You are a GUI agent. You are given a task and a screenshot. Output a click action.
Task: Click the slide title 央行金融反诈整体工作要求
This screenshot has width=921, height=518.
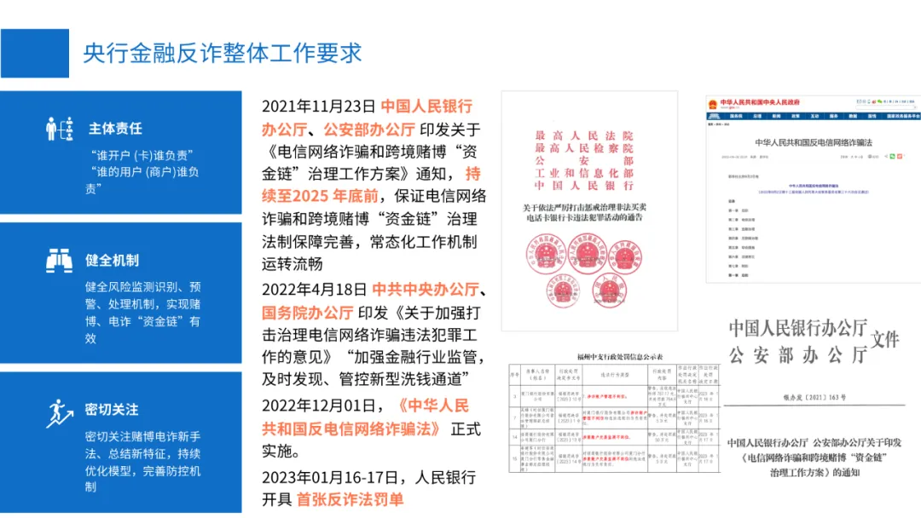[x=222, y=53]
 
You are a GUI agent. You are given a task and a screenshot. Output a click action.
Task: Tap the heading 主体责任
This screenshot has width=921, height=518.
[x=115, y=129]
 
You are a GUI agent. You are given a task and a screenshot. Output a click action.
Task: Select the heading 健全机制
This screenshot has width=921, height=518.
[x=112, y=260]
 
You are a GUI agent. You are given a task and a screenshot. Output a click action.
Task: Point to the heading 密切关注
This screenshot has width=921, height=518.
[x=112, y=410]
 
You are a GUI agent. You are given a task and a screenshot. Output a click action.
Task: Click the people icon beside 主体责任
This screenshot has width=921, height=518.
[x=60, y=129]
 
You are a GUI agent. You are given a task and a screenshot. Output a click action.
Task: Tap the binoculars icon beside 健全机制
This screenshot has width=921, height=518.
[x=60, y=260]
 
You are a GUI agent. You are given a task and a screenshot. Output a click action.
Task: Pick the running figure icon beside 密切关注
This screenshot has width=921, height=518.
[x=59, y=412]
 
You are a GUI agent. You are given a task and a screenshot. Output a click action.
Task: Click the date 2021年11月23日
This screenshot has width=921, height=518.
[x=318, y=106]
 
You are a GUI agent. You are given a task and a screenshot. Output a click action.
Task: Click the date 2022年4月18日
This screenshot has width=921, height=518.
[x=314, y=289]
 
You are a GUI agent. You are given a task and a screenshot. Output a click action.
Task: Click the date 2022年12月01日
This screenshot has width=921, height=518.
[x=318, y=405]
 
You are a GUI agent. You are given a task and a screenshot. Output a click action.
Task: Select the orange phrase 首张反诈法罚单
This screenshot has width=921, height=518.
[x=350, y=499]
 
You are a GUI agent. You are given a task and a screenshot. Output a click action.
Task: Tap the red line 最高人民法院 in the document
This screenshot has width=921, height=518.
[x=584, y=136]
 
